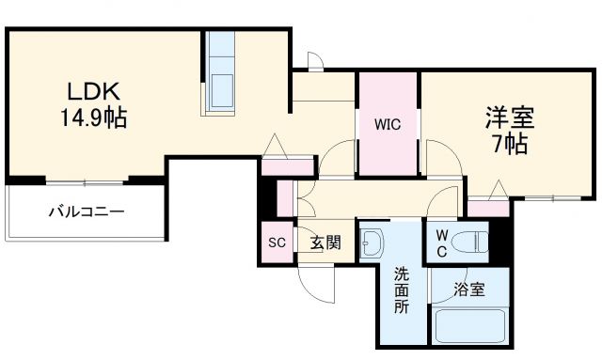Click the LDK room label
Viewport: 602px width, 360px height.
[90, 94]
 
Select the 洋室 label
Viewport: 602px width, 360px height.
[509, 119]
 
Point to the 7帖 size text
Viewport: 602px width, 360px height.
[509, 144]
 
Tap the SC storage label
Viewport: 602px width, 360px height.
[277, 243]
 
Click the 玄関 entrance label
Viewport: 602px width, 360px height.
[325, 243]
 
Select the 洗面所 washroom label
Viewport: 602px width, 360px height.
[402, 290]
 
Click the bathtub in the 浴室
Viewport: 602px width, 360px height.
[469, 328]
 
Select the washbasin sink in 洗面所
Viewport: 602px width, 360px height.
[372, 243]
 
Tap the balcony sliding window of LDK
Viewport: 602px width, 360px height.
[86, 181]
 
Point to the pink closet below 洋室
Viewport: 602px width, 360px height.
[486, 209]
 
